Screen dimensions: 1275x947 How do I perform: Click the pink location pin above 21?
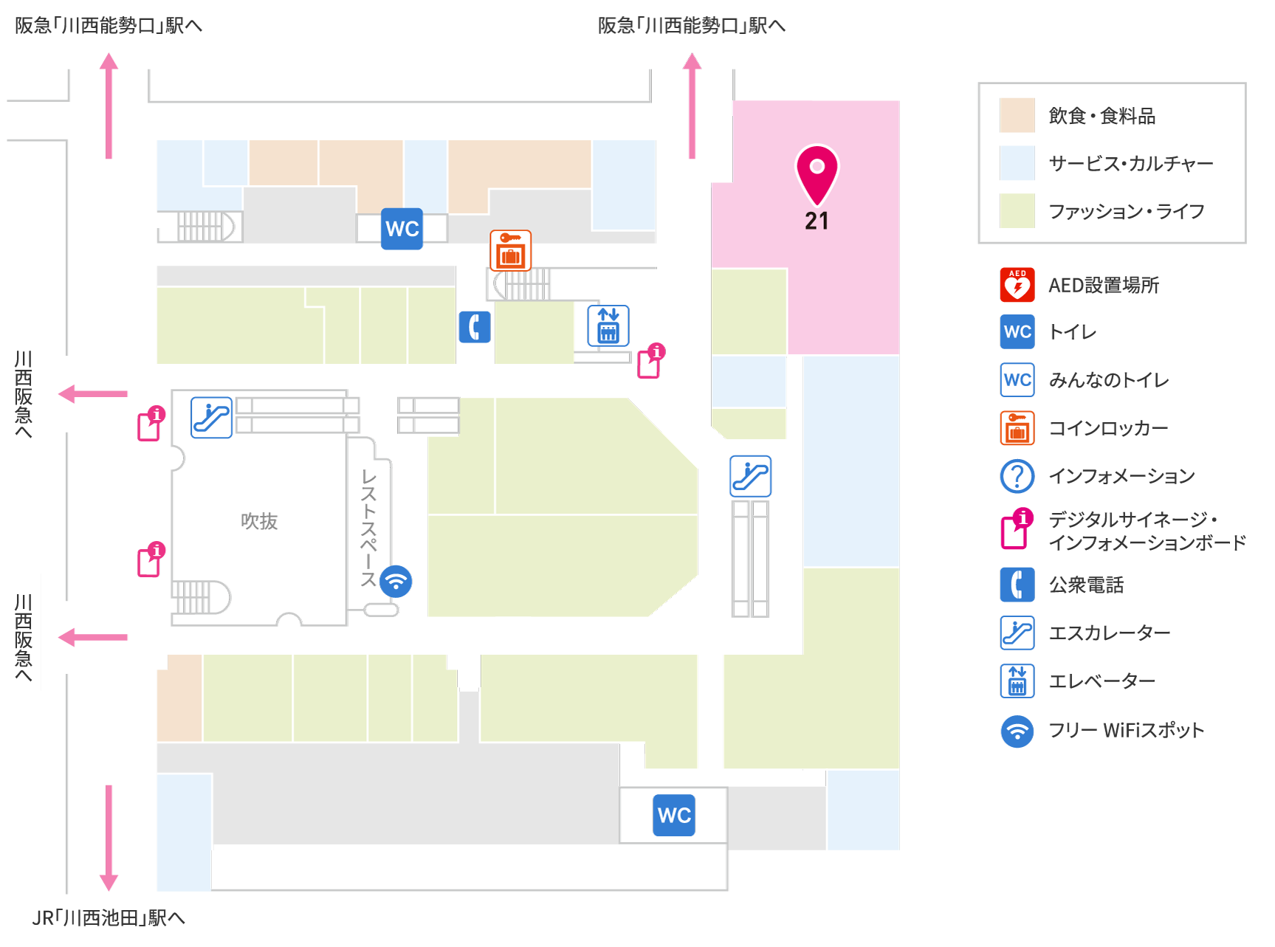click(817, 174)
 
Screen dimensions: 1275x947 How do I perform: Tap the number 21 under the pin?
click(817, 221)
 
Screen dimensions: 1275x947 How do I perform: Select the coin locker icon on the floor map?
click(511, 250)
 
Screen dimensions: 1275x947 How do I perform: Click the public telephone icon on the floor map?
click(475, 327)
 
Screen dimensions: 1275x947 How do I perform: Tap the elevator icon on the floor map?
click(608, 326)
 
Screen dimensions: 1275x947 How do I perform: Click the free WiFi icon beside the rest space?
click(396, 581)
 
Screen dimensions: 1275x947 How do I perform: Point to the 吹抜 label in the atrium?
click(259, 521)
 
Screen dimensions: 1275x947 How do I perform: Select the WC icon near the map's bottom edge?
click(674, 815)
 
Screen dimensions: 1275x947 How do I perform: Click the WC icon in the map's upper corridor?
click(402, 229)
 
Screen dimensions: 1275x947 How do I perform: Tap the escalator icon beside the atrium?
click(212, 418)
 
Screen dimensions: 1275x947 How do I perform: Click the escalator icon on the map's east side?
click(751, 476)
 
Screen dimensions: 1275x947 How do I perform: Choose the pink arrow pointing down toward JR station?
click(109, 838)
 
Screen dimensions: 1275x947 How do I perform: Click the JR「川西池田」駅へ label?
click(109, 917)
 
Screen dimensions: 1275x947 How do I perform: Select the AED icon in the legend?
click(1017, 285)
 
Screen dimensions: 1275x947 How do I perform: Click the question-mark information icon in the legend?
click(1017, 476)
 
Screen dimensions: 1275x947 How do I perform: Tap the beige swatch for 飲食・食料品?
click(1017, 115)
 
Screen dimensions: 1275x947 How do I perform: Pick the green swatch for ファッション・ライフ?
click(1017, 211)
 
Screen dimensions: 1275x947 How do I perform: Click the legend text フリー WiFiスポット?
click(1127, 730)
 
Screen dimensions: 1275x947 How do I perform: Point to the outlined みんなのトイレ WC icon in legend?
click(1017, 379)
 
